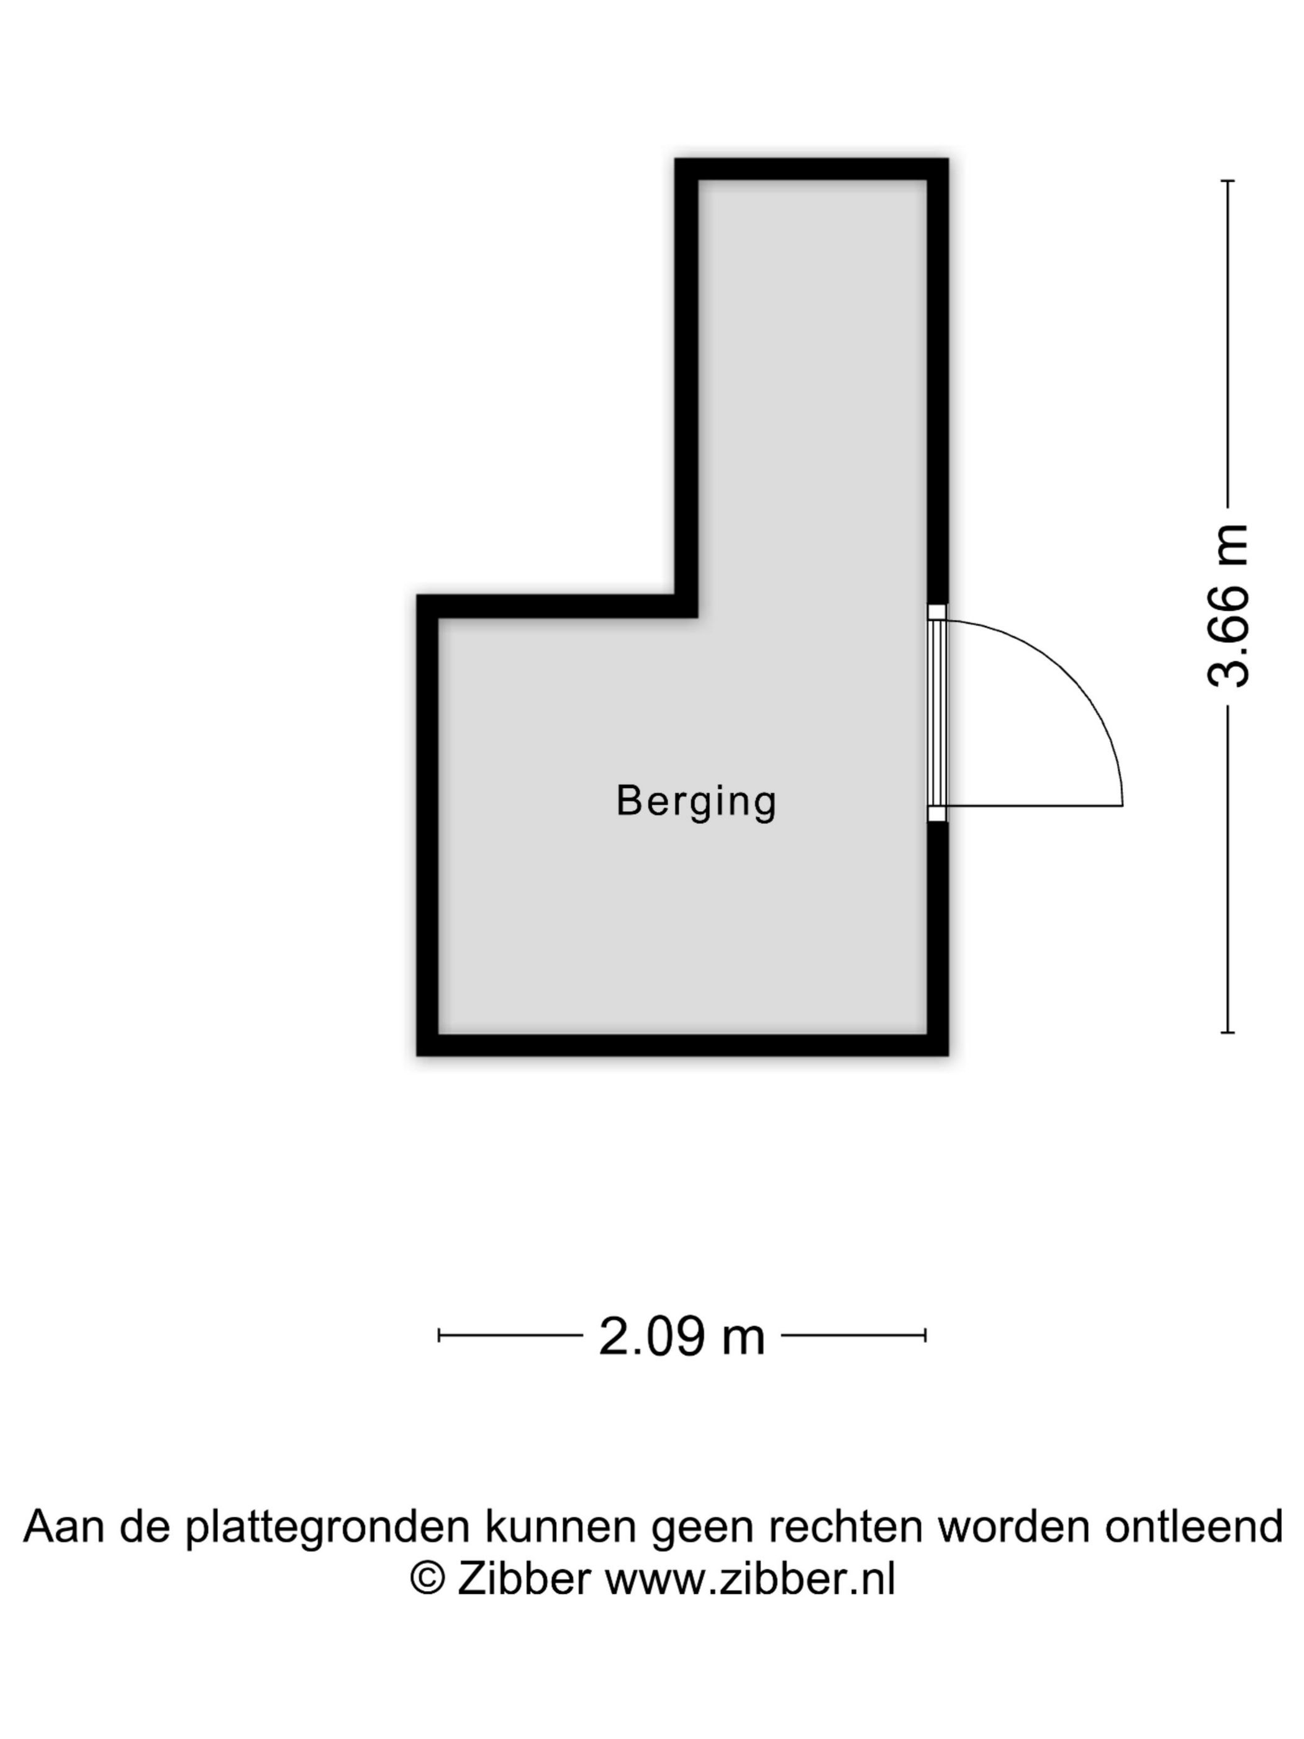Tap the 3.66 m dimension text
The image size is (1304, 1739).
point(1228,606)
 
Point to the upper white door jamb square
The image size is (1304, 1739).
point(936,612)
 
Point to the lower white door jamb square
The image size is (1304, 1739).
point(936,814)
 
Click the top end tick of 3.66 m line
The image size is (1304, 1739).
point(1227,181)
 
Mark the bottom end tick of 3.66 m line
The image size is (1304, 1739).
point(1227,1032)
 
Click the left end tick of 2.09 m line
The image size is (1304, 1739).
point(438,1335)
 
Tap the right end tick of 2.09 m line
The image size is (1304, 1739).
point(926,1335)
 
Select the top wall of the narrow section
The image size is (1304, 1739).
point(811,169)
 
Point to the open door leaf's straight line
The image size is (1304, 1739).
point(1035,806)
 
